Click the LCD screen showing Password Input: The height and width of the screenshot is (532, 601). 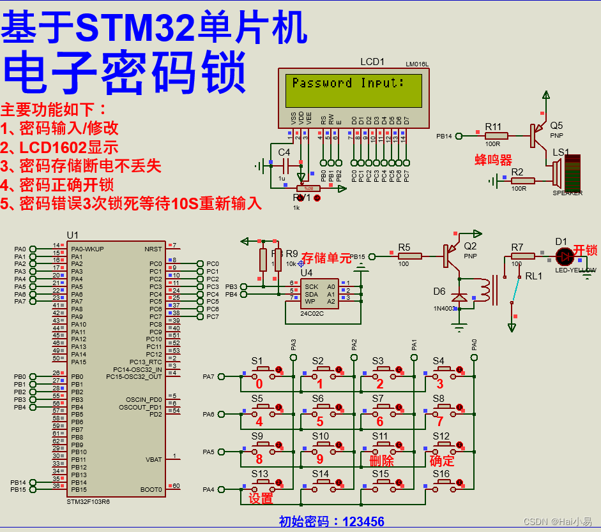click(353, 90)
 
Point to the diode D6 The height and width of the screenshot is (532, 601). click(459, 297)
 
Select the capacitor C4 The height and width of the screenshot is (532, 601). click(284, 165)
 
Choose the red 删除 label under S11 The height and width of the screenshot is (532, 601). click(381, 461)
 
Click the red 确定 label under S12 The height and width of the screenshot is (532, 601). click(442, 461)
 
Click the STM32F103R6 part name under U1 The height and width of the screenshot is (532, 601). click(88, 501)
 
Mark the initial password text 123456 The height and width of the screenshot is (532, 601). click(363, 522)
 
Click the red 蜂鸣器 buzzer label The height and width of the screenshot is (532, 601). click(493, 159)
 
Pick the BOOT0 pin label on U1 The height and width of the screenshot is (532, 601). click(151, 489)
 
